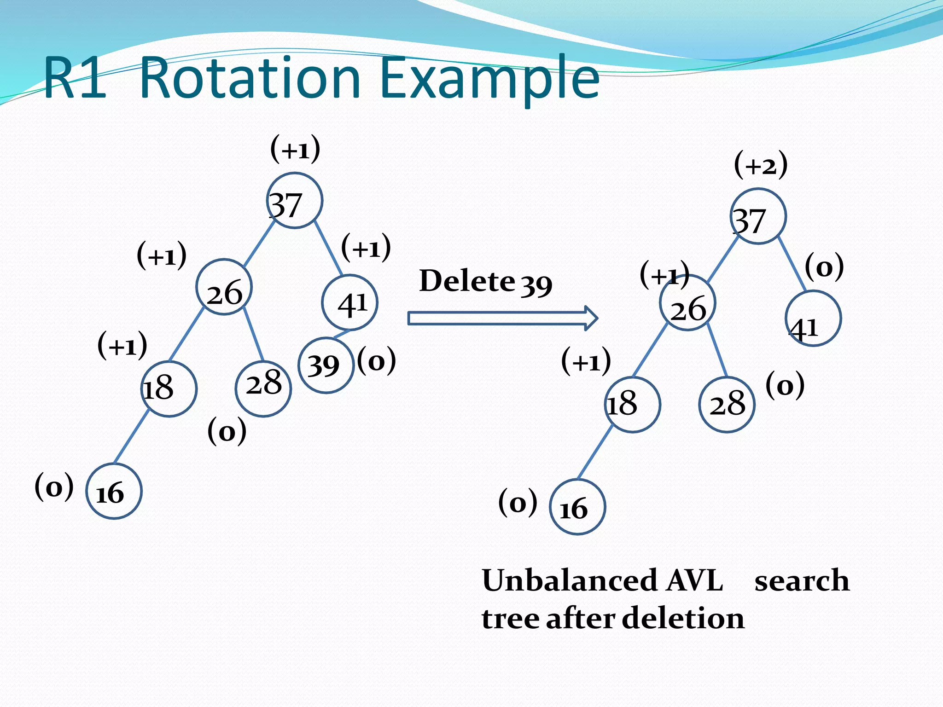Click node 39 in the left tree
(x=326, y=365)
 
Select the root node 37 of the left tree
(x=295, y=201)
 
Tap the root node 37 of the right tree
(x=758, y=216)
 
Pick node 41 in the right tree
(x=813, y=319)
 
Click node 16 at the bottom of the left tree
(x=114, y=491)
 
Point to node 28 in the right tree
(x=727, y=405)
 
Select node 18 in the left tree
(x=169, y=389)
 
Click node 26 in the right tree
(x=687, y=303)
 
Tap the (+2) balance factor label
(x=761, y=165)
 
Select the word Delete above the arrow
(x=467, y=281)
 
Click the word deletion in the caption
(x=683, y=618)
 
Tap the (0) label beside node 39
(x=377, y=361)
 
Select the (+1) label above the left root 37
(x=295, y=149)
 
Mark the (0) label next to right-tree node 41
(x=824, y=267)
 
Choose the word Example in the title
(x=490, y=78)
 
